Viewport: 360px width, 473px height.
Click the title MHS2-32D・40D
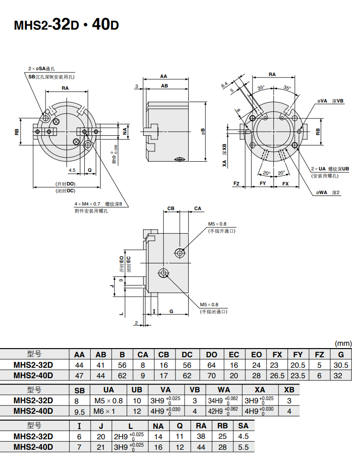(67, 24)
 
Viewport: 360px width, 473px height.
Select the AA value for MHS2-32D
(79, 365)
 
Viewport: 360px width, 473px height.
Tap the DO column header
(211, 355)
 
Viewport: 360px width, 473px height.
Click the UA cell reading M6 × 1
(108, 411)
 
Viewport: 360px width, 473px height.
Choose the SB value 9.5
(79, 411)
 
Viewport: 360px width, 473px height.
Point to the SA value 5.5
(243, 447)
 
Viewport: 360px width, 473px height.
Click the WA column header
(224, 390)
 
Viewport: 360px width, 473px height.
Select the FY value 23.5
(298, 375)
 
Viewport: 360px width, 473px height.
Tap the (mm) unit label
(343, 344)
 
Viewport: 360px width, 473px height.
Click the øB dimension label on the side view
(203, 131)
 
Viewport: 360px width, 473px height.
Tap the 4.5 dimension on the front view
(72, 170)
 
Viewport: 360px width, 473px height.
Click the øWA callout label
(322, 193)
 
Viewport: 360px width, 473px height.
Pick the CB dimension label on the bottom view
(171, 208)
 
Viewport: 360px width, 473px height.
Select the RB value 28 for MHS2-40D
(222, 447)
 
